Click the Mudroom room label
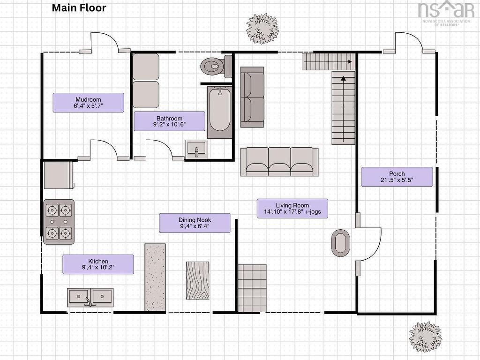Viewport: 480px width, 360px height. [88, 103]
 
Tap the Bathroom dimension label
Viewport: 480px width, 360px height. [169, 121]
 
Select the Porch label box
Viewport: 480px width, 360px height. [397, 177]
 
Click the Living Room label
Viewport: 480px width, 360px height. [292, 209]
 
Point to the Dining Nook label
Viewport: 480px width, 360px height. [195, 223]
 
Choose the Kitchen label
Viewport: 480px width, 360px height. [98, 264]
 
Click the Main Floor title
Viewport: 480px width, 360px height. [79, 7]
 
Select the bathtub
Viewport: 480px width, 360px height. [219, 112]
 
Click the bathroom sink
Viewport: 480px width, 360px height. [196, 150]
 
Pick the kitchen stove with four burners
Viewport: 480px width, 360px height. [59, 222]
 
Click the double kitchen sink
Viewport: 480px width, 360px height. [90, 297]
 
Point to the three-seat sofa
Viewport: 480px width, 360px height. [279, 162]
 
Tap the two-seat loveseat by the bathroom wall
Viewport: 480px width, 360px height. [252, 97]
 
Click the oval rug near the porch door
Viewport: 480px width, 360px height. [340, 243]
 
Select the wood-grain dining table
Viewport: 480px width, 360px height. [198, 280]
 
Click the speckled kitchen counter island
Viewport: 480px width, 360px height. [155, 277]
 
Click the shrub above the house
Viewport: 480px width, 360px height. [262, 29]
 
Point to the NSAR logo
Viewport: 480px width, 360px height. [446, 13]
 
